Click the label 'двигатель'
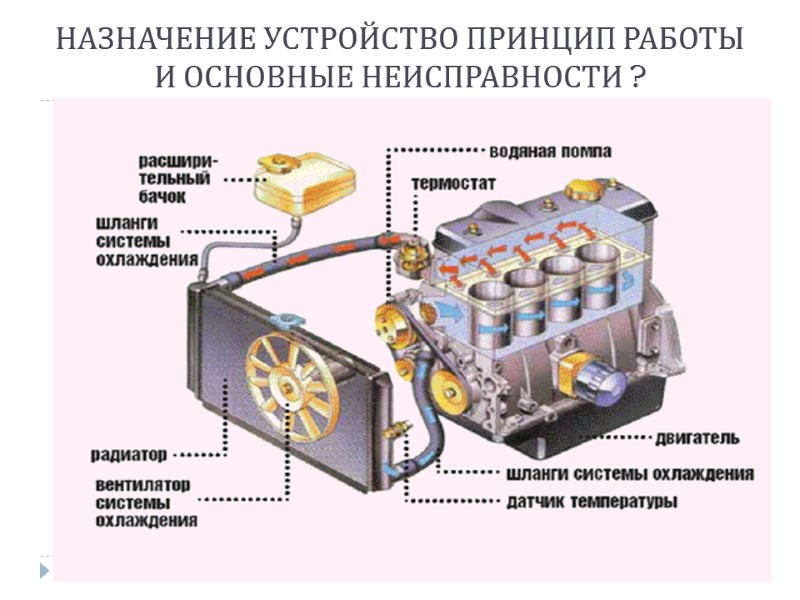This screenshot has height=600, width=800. pyautogui.click(x=697, y=438)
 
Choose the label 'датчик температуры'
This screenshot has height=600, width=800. pyautogui.click(x=592, y=501)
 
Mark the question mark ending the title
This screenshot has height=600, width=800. pyautogui.click(x=637, y=78)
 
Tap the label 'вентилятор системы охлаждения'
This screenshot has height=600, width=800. pyautogui.click(x=146, y=502)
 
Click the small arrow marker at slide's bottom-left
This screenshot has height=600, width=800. pyautogui.click(x=44, y=571)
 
